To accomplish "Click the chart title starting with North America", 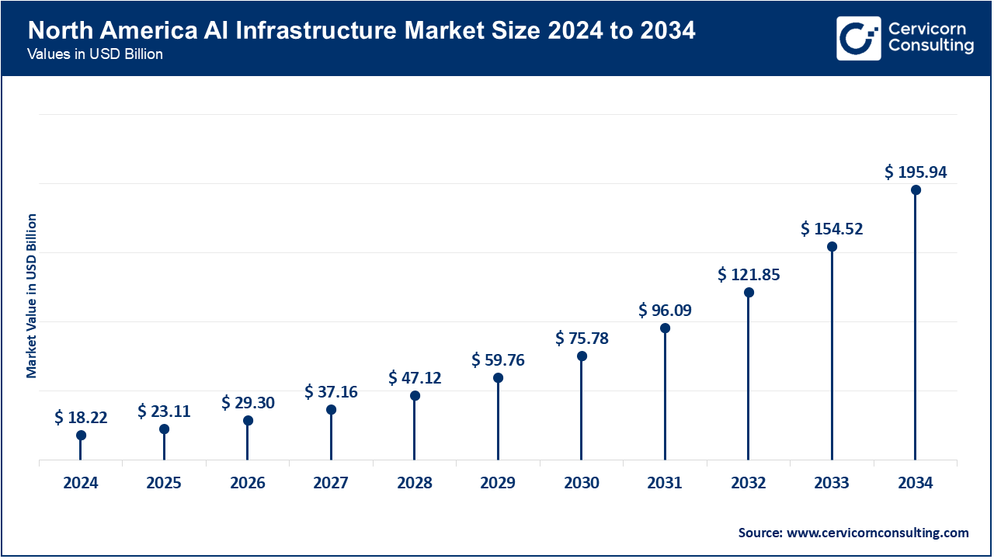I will coord(362,31).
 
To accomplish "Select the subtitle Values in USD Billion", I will coord(95,55).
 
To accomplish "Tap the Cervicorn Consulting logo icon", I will coord(858,38).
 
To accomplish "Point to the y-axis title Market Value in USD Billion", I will coord(32,296).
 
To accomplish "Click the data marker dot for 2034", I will coord(916,190).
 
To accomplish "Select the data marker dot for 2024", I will coord(81,436).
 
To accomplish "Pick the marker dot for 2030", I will coord(582,356).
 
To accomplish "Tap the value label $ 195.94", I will coord(916,172).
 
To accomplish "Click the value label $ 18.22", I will coord(81,418).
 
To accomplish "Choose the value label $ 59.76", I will coord(498,360).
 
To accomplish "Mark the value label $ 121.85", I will coord(749,275).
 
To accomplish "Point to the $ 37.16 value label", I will coord(331,392).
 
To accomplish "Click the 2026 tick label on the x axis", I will coord(248,483).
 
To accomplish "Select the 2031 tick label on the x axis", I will coord(665,483).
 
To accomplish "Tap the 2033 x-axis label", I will coord(832,483).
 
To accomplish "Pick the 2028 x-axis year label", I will coord(415,483).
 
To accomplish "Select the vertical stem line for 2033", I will coord(832,357).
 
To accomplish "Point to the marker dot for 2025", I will coord(164,429).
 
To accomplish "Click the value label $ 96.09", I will coord(665,311).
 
